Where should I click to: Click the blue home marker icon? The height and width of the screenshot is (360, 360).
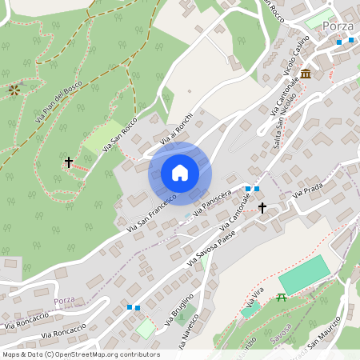click(x=180, y=173)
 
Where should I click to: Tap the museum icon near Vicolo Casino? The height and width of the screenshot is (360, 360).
click(x=306, y=74)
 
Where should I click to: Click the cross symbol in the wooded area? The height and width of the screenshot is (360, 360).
click(x=69, y=162)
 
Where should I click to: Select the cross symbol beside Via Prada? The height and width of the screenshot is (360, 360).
click(x=262, y=208)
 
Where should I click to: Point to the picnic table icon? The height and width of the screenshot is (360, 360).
click(x=281, y=298)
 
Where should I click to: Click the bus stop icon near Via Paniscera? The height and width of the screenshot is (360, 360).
click(x=252, y=189)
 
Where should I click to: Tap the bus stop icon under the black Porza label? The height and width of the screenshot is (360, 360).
click(x=344, y=41)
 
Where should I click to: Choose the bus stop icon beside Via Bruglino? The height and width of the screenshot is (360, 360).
click(x=133, y=306)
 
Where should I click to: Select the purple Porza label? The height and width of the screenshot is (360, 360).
click(x=64, y=300)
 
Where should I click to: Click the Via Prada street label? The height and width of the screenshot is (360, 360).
click(x=308, y=190)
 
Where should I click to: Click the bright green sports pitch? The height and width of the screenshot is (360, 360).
click(x=303, y=274)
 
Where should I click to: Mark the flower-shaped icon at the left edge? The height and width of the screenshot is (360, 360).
click(x=14, y=90)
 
